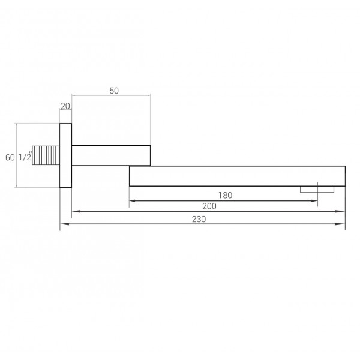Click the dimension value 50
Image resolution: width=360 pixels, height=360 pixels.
[115, 90]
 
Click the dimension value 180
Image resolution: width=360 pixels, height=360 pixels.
[226, 195]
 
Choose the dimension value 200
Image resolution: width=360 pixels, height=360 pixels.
[209, 206]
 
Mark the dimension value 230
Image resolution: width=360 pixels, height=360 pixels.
[199, 219]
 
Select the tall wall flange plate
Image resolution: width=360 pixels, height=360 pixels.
[65, 155]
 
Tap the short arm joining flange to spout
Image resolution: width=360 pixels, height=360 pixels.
[111, 155]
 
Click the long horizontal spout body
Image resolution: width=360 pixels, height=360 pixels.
[237, 175]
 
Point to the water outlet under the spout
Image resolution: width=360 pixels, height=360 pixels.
[317, 189]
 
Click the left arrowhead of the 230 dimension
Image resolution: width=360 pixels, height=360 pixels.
[63, 225]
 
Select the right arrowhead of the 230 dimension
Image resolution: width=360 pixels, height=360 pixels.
[343, 225]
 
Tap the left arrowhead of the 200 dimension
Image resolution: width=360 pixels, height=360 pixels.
[75, 212]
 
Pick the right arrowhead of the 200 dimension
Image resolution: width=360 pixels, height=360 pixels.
[343, 212]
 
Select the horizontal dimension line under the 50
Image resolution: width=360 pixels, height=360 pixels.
[111, 95]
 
